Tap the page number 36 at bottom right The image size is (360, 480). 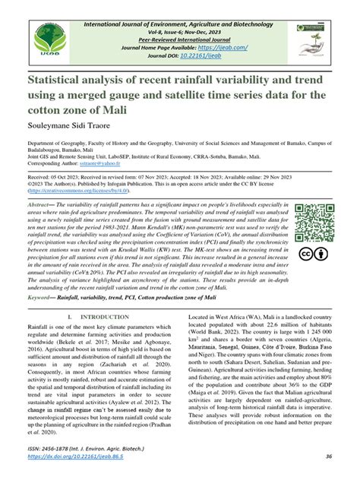click(x=328, y=456)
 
